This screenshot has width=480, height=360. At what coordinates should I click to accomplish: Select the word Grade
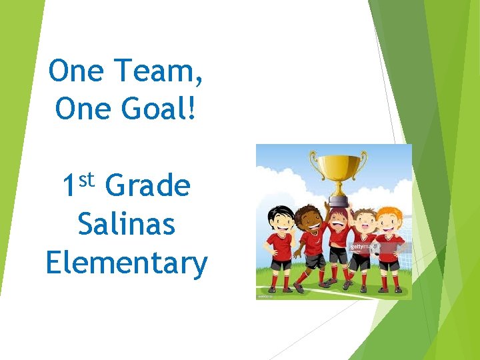148,186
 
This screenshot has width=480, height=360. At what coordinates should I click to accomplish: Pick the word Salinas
127,224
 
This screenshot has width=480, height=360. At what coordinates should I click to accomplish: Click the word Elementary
127,263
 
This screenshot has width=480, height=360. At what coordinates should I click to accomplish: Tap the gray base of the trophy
338,200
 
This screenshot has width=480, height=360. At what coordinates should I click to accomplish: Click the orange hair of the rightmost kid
388,213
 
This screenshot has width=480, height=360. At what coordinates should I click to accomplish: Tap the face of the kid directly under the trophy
339,219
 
